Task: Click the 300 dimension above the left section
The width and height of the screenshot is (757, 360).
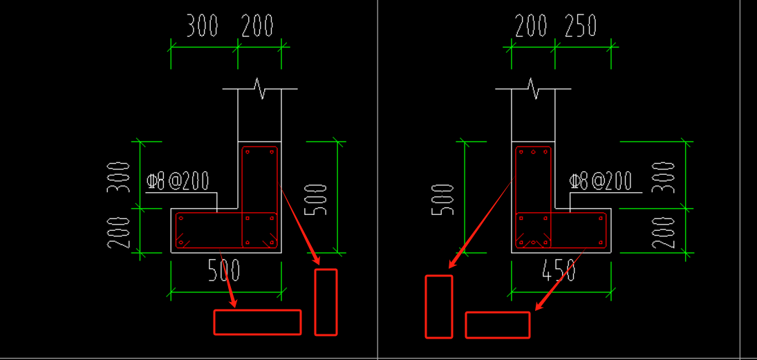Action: coord(203,26)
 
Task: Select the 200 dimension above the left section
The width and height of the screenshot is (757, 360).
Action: coord(257,26)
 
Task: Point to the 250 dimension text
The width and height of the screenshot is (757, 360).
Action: coord(581,26)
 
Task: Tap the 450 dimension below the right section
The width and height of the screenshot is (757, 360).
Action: coord(559,271)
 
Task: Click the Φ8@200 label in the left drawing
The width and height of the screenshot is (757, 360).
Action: coord(178,182)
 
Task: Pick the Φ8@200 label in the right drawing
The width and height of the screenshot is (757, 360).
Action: coord(600,182)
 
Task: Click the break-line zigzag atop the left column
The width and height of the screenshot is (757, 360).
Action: coord(260,88)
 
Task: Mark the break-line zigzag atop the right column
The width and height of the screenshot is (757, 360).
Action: coord(533,88)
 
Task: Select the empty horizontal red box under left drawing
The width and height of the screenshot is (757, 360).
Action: coord(257,322)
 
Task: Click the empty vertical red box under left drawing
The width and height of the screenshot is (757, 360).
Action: coord(326,302)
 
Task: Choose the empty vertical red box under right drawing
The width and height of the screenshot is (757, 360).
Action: coord(438,307)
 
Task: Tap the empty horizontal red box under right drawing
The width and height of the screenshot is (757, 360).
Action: coord(498,325)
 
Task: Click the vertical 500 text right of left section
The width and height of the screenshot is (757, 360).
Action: coord(317,199)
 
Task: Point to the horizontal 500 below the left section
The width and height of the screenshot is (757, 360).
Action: coord(224,270)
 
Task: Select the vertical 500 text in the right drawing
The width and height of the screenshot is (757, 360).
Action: coord(443,199)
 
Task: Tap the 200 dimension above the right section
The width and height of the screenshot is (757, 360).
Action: coord(531,26)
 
